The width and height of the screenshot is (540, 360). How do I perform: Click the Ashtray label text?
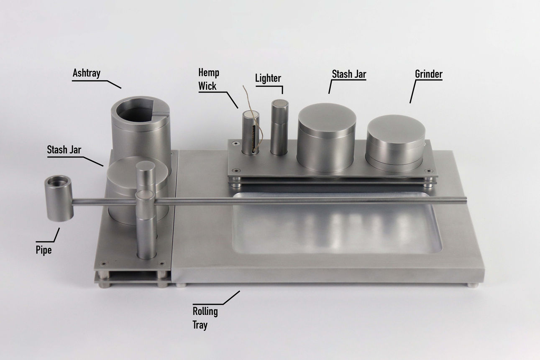(x=87, y=73)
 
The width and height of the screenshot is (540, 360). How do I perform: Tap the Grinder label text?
(x=429, y=74)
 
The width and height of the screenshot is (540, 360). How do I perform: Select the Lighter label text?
(x=268, y=78)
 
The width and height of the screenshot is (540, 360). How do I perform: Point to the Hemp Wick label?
(x=209, y=79)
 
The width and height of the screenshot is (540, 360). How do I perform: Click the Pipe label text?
(x=44, y=250)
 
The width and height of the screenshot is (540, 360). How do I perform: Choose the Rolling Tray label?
(x=205, y=318)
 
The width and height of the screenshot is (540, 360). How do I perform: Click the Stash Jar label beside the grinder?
(x=349, y=74)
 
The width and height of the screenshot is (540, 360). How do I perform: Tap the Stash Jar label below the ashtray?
(x=64, y=150)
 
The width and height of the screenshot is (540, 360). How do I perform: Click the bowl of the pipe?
(x=59, y=198)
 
